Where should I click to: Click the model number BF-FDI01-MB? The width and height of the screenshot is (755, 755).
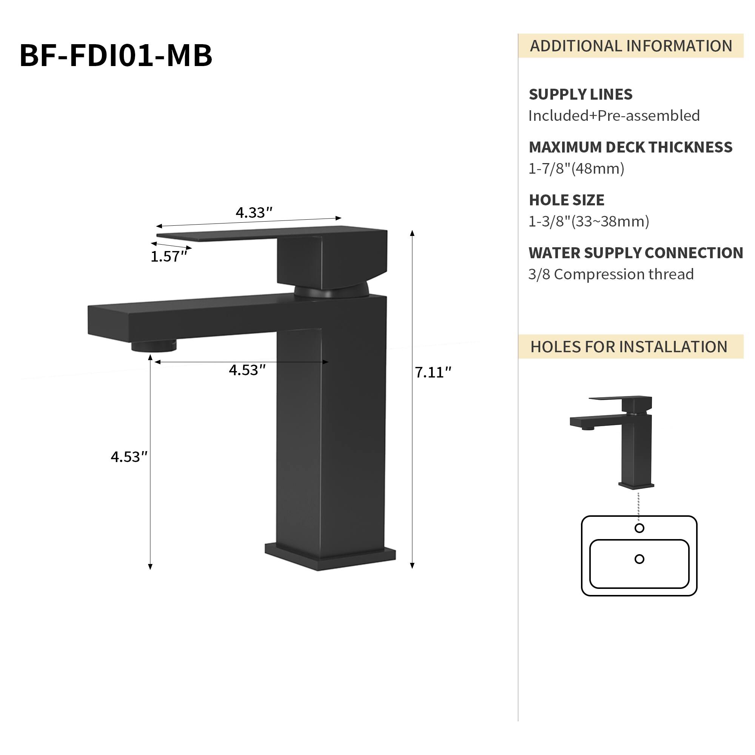click(x=116, y=55)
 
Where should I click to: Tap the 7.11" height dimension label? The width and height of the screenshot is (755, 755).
click(x=433, y=373)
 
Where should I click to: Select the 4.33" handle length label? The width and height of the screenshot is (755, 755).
click(x=254, y=213)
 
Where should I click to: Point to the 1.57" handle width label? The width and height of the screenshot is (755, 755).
click(x=169, y=257)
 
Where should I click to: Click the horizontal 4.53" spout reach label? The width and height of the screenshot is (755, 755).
click(x=247, y=370)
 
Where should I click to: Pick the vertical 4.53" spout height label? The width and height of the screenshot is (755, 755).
click(x=129, y=457)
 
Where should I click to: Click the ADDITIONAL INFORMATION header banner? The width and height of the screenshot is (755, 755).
click(x=630, y=46)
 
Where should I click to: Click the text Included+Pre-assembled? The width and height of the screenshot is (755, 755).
click(x=614, y=116)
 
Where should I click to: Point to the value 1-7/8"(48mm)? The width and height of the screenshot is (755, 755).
click(x=576, y=169)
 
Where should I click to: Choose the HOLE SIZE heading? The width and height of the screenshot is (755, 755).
click(x=566, y=200)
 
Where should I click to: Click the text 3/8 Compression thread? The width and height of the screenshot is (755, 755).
click(x=611, y=274)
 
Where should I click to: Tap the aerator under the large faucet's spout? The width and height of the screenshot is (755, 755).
click(x=154, y=346)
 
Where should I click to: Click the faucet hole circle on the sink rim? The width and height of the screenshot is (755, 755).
click(x=639, y=528)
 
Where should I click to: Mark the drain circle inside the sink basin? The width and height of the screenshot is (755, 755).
click(x=639, y=559)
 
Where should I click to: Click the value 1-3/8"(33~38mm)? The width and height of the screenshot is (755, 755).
click(x=589, y=222)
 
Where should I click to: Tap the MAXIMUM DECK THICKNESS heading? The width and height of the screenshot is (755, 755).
click(x=630, y=147)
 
